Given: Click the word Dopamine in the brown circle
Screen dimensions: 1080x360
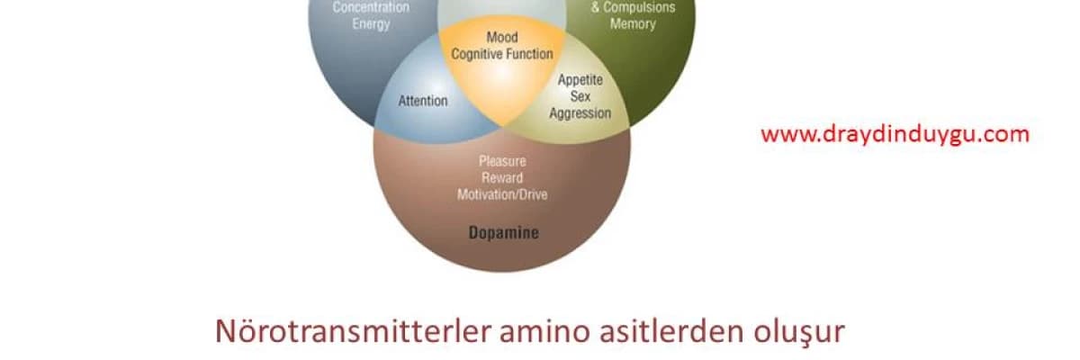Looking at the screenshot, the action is point(504,233).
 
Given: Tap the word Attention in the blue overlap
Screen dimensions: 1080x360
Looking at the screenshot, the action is point(423,101).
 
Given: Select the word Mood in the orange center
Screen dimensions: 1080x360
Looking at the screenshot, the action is point(502,37).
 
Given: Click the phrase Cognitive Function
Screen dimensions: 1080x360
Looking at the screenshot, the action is point(502,54).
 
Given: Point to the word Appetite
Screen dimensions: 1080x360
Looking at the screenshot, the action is point(580,80).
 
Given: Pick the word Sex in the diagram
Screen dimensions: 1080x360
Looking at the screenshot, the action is point(580,96).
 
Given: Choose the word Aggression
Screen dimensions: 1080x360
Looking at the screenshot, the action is point(580,113).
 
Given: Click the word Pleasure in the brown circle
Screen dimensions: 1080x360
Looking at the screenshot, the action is point(502,161).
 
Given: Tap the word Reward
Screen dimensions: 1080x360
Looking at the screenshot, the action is point(502,178).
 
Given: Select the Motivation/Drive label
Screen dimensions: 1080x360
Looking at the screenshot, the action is point(502,194).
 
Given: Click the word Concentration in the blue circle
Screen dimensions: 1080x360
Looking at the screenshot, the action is point(371,7).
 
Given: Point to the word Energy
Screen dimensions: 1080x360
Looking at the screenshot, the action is point(371,24).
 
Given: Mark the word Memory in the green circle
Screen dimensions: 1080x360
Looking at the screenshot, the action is point(633,23).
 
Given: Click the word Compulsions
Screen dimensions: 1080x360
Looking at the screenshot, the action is point(639,7).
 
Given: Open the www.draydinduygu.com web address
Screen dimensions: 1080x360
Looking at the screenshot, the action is point(895,134).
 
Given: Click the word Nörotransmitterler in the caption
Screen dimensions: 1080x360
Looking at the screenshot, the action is point(353,331).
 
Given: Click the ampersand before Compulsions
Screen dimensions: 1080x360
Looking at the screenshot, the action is point(596,7).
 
